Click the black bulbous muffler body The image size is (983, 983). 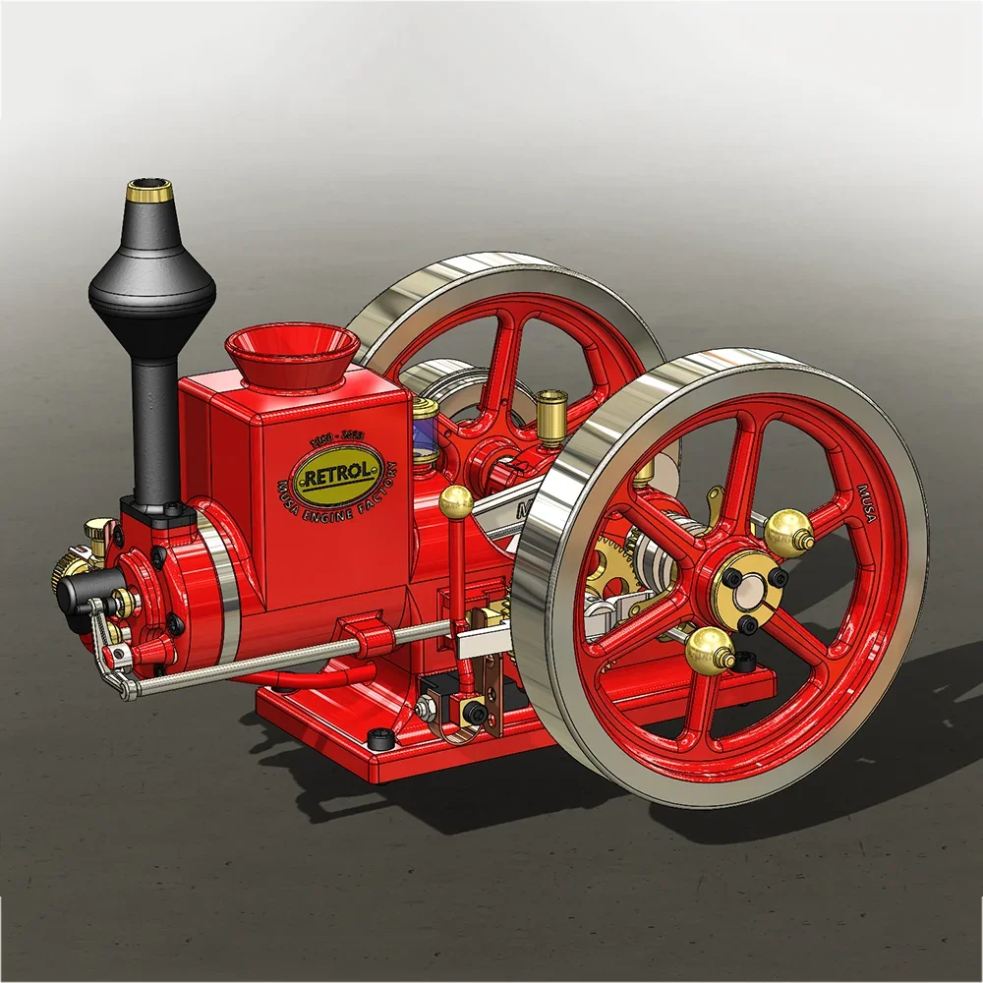pos(151,281)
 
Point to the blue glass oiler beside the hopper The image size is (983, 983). pos(425,433)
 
